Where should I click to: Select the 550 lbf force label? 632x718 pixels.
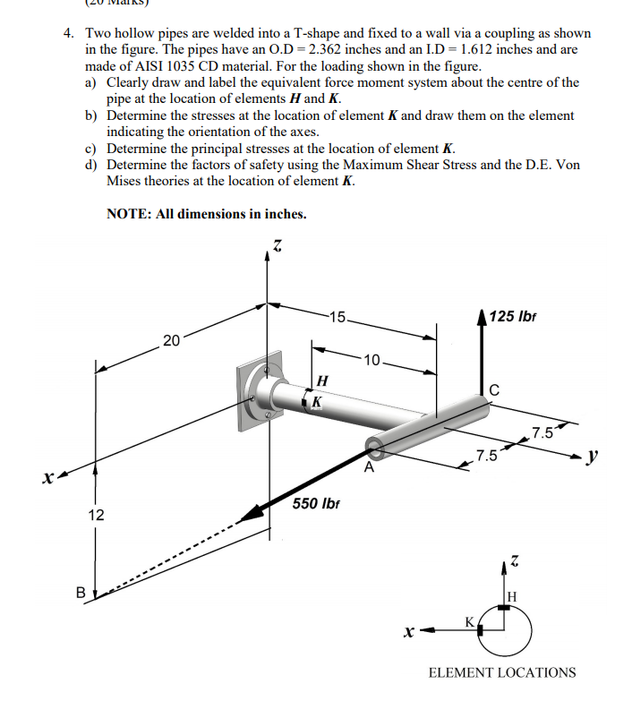(x=318, y=504)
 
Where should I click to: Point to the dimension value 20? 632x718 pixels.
(x=172, y=339)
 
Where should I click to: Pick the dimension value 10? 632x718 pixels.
(x=372, y=361)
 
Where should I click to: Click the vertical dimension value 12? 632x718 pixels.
(x=96, y=516)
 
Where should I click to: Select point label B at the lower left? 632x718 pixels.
(x=81, y=593)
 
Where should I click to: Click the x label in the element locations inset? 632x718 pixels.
(x=409, y=632)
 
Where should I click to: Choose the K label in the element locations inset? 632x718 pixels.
(x=468, y=620)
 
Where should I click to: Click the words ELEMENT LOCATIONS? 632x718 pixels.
(x=502, y=672)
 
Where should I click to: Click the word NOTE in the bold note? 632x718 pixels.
(x=128, y=214)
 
